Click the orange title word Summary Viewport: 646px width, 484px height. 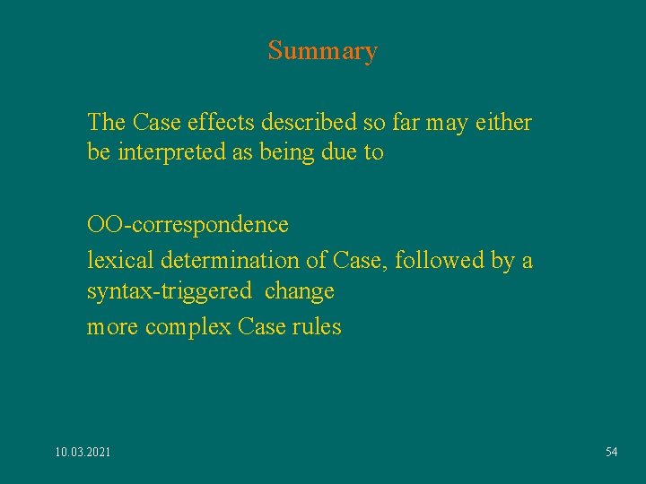pos(322,51)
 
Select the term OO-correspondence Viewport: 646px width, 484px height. pos(188,224)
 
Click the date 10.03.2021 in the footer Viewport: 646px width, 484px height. pos(83,453)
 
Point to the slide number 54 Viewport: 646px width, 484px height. pos(611,453)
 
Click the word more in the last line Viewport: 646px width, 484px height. pos(113,327)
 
